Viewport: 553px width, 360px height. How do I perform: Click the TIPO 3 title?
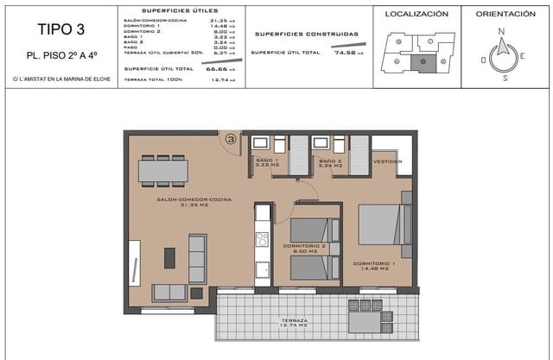(x=60, y=28)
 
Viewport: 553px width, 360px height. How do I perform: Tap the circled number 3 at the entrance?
(x=231, y=138)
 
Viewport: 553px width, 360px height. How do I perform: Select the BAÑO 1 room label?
(x=265, y=164)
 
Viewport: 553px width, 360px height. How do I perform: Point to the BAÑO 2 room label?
(x=328, y=164)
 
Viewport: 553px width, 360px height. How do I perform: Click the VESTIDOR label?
(x=388, y=161)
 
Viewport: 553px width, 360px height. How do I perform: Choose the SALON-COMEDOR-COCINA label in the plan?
(x=188, y=202)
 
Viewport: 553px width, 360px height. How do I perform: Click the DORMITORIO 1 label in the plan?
(x=374, y=264)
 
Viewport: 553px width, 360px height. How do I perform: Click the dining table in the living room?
(x=162, y=172)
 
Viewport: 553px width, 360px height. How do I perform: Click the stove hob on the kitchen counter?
(x=262, y=239)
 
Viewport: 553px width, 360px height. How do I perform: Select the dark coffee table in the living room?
(x=169, y=257)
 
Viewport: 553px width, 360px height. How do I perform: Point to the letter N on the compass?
(x=500, y=31)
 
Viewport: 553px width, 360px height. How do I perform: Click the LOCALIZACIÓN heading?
(x=416, y=15)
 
